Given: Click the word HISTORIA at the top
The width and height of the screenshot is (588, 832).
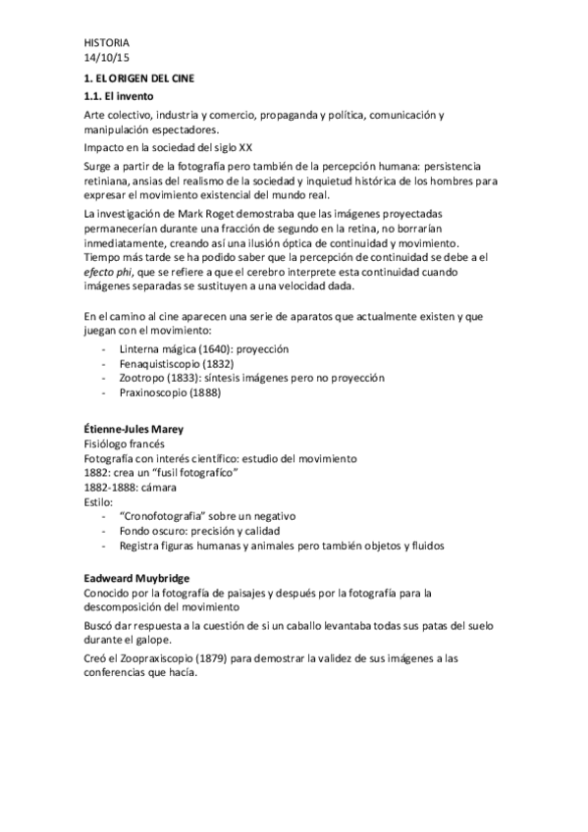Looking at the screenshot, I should pyautogui.click(x=106, y=43).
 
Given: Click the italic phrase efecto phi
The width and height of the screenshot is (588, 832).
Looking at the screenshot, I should pyautogui.click(x=112, y=273).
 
